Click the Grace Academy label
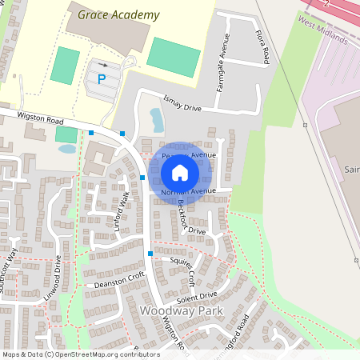point(119,15)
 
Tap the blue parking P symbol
point(102,79)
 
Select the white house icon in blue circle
point(180,172)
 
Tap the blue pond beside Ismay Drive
point(157,120)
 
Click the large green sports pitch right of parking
point(174,57)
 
